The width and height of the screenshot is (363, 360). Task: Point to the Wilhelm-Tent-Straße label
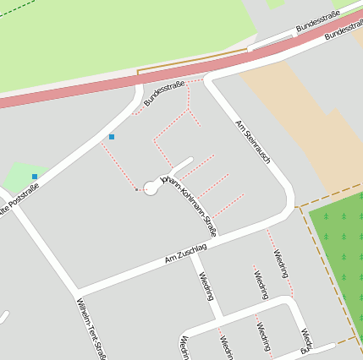tap(91, 329)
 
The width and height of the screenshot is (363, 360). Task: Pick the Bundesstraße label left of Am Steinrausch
tap(164, 94)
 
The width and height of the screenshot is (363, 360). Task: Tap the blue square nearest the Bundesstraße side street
tap(111, 136)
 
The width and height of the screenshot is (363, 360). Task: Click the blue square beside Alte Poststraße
tap(35, 176)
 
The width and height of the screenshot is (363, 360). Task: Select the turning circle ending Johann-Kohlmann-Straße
tap(151, 188)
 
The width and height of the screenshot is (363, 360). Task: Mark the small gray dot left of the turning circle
tap(136, 189)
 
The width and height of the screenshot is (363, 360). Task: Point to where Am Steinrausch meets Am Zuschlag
tap(292, 206)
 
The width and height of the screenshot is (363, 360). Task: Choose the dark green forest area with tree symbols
tap(338, 254)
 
